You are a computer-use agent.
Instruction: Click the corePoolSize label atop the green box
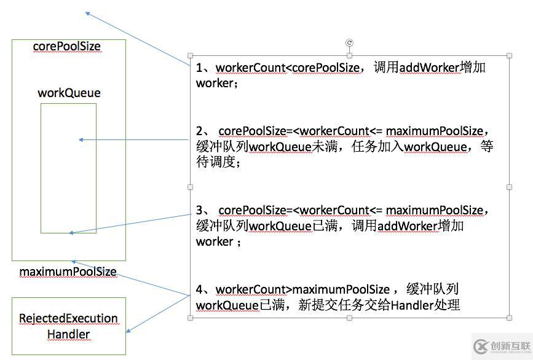coord(66,47)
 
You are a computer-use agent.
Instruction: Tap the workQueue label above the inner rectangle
coord(69,93)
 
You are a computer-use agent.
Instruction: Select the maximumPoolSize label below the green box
coord(68,272)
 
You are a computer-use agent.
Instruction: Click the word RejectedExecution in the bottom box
coord(68,318)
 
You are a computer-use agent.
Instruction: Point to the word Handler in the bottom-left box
coord(68,334)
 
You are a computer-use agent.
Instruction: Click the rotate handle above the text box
coord(350,42)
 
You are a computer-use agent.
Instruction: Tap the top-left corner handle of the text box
coord(190,56)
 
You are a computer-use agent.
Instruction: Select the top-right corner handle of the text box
coord(510,56)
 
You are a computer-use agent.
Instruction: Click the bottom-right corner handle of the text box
coord(510,318)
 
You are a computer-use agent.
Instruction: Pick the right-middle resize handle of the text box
coord(510,187)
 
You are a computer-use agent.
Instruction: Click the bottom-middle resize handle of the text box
coord(350,318)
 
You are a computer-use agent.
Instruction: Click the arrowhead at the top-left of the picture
coord(88,13)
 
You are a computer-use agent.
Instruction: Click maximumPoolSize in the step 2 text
coord(435,131)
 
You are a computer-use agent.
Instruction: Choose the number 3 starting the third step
coord(199,210)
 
